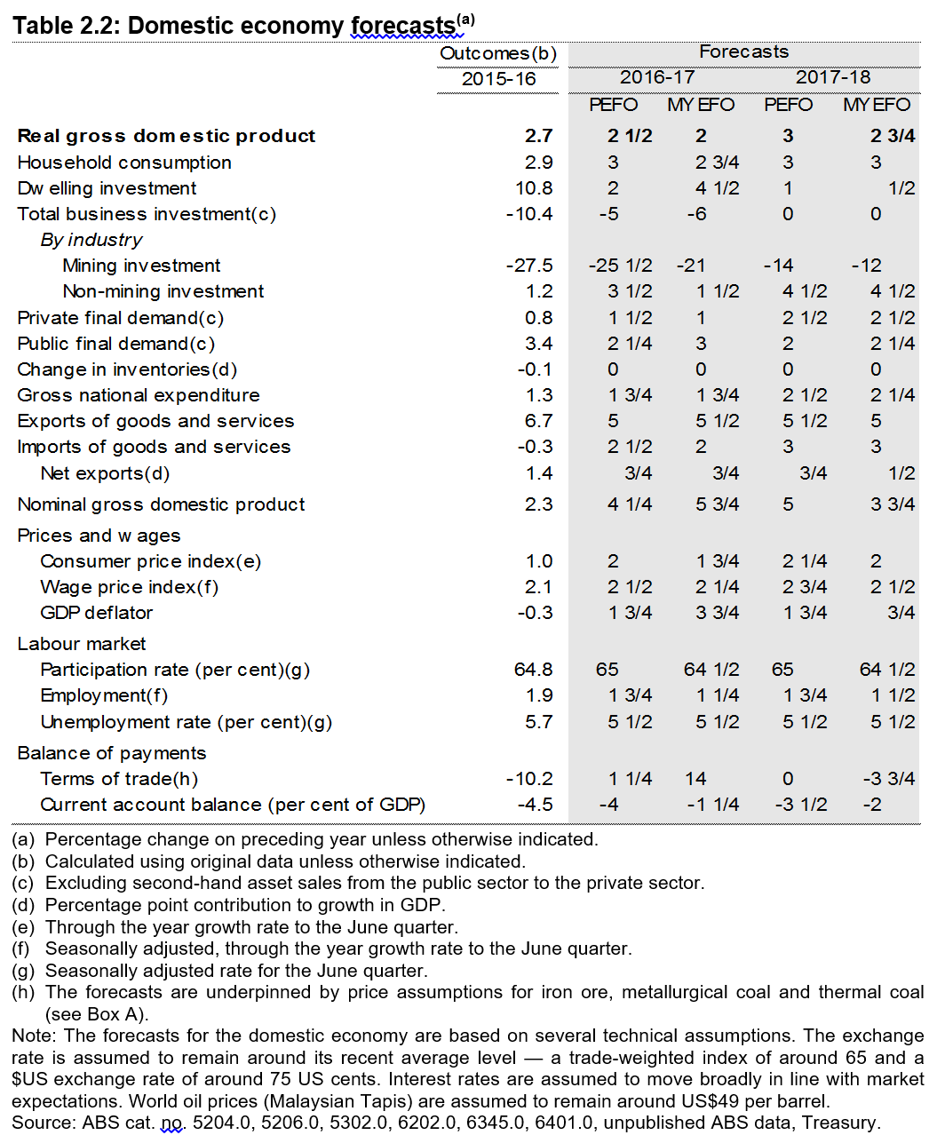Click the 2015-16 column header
(x=498, y=79)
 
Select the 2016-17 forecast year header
(x=656, y=77)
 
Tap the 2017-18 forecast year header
(x=832, y=77)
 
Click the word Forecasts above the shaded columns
(x=743, y=52)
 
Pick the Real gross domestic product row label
(x=166, y=136)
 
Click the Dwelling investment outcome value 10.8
(x=534, y=188)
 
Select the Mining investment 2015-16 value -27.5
(x=529, y=266)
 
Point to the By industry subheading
(x=91, y=240)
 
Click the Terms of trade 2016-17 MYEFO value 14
(x=695, y=779)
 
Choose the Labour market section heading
(x=81, y=644)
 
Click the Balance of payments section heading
(x=111, y=753)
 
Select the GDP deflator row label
(x=96, y=613)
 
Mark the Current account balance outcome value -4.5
(x=535, y=805)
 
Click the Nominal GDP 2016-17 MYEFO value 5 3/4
(x=717, y=504)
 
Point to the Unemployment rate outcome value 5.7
(x=538, y=722)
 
